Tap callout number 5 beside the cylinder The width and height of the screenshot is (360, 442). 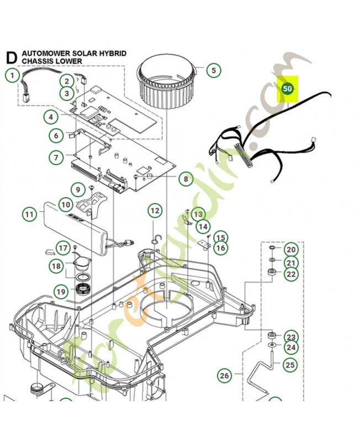point(213,70)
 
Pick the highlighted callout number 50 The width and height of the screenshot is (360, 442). point(287,88)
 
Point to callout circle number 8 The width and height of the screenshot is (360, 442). point(186,178)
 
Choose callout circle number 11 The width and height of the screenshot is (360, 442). point(29,213)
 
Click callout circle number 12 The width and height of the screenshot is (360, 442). point(155,211)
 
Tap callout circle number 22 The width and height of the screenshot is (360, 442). point(291,274)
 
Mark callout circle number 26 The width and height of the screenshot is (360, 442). point(224,376)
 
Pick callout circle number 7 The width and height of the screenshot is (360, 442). point(56,157)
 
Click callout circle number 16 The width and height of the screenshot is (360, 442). point(221,248)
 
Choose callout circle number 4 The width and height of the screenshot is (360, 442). point(51,117)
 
